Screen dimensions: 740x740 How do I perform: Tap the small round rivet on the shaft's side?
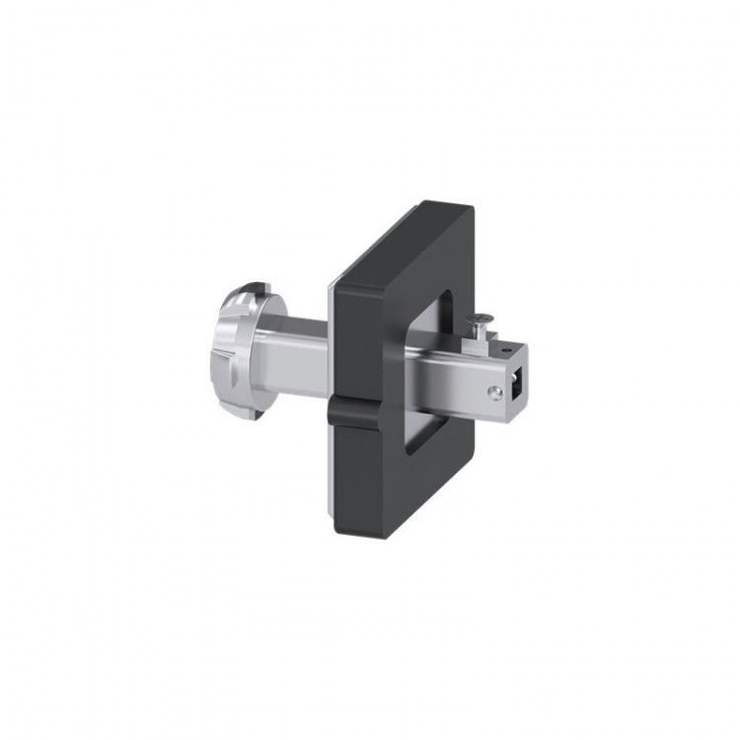(495, 392)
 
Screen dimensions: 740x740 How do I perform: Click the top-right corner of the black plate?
(471, 207)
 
